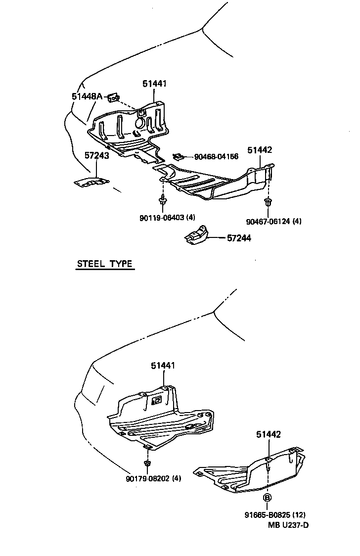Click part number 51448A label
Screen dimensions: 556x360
coord(87,96)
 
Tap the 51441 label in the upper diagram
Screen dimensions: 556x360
coord(154,84)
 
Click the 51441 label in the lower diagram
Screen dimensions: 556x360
coord(163,366)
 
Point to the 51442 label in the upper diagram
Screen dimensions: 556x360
coord(260,150)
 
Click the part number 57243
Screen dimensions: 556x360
coord(96,155)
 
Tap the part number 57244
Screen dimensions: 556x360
coord(239,238)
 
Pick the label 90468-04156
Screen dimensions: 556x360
coord(216,156)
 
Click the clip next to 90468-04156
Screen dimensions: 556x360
coord(178,157)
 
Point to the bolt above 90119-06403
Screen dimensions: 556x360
coord(163,200)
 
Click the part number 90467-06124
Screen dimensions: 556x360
coord(273,221)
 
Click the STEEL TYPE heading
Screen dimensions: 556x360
coord(105,264)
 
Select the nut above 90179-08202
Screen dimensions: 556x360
coord(147,463)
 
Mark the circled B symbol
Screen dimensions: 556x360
coord(267,498)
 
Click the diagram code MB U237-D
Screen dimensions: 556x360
coord(288,525)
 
